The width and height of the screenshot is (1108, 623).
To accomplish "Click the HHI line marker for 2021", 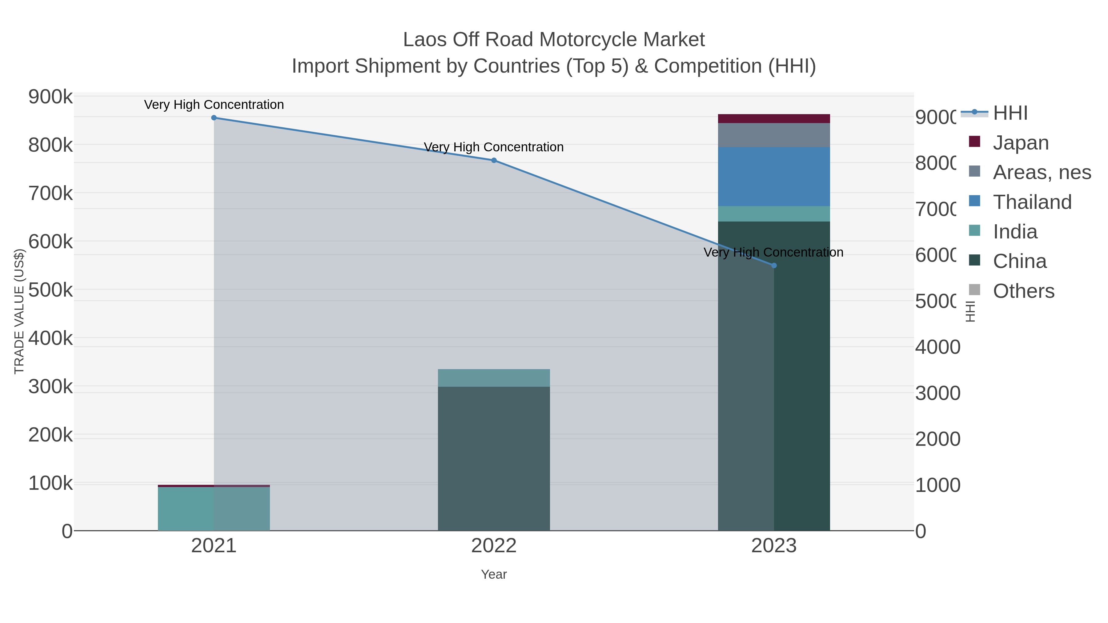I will [214, 118].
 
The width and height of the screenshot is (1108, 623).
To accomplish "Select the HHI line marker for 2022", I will [494, 160].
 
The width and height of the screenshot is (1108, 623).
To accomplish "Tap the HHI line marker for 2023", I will [774, 266].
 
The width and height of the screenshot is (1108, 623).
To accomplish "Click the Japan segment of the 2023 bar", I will [774, 119].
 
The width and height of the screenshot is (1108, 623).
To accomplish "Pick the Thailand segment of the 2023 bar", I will [774, 177].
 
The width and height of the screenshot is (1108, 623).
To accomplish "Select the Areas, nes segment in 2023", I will [774, 135].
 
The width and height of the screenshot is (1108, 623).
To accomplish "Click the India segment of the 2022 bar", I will [494, 378].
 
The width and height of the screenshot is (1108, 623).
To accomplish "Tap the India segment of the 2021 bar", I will [214, 509].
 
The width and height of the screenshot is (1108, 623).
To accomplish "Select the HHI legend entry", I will [1010, 113].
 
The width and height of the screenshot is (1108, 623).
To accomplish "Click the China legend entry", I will [1019, 262].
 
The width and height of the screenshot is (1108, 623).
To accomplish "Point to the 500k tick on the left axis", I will [50, 290].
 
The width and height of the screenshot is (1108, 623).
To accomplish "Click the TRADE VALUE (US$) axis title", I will [19, 311].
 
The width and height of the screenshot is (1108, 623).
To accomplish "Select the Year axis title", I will [494, 574].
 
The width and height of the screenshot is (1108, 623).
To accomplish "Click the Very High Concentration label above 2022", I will [494, 147].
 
